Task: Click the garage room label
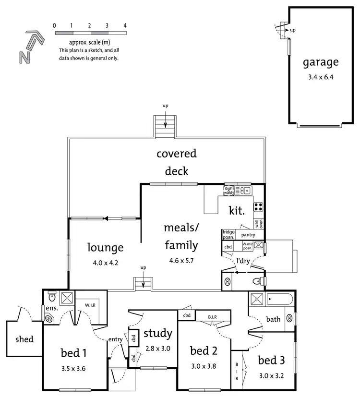point(320,62)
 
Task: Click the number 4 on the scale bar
point(125,25)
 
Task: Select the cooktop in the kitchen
point(258,207)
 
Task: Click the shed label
point(24,339)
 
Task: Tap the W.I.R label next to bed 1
point(91,305)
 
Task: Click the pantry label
point(248,235)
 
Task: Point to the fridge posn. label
point(228,235)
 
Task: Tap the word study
point(157,333)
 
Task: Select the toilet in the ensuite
point(52,296)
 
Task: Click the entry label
point(116,339)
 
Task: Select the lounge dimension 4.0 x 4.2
point(105,263)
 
